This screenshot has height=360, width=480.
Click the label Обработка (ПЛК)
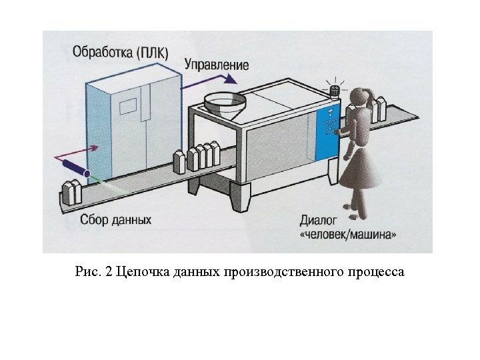tap(121, 51)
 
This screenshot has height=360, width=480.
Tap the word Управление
tap(216, 65)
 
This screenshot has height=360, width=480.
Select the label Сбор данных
tap(116, 219)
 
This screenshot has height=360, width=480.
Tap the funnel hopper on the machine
tap(223, 103)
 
